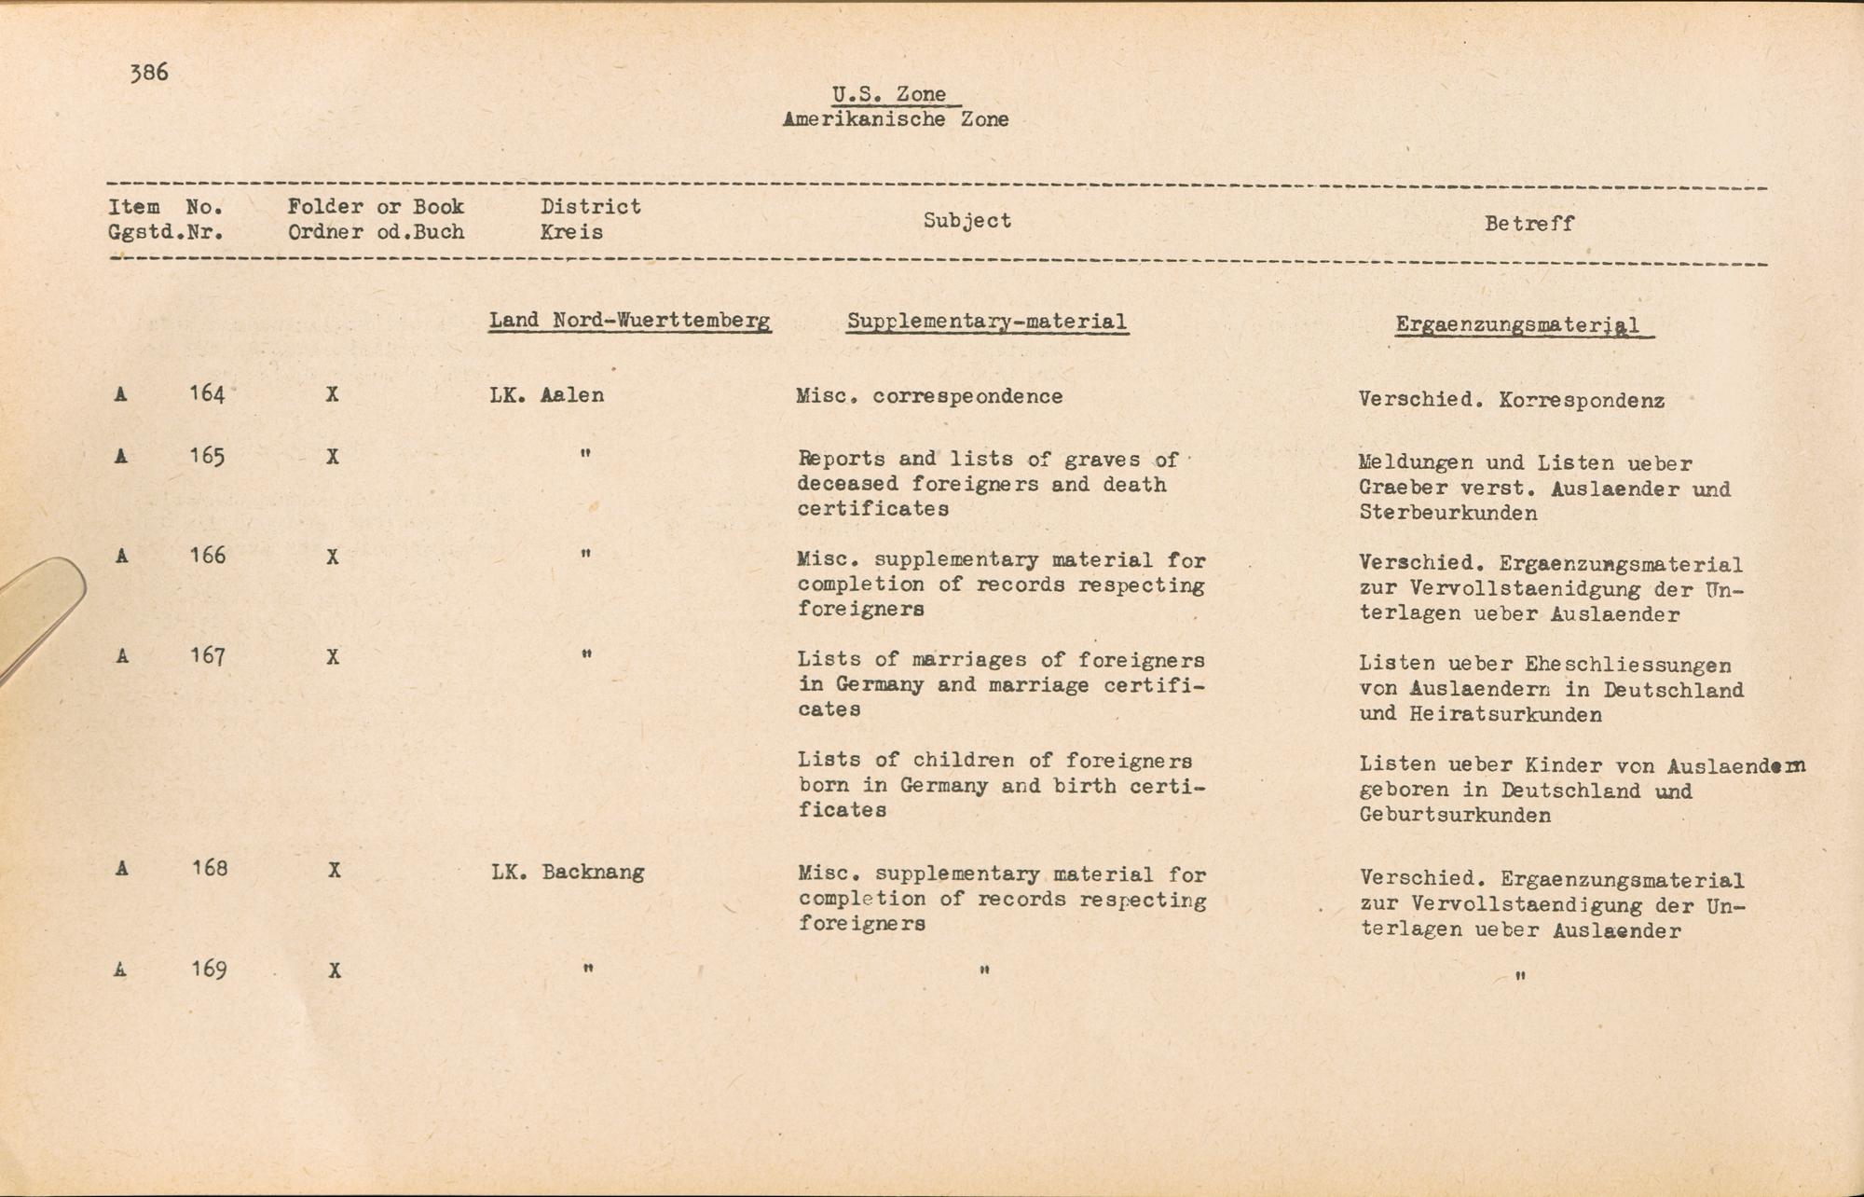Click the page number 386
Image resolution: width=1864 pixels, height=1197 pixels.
(x=149, y=73)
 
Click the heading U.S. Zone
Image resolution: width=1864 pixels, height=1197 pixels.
(x=889, y=94)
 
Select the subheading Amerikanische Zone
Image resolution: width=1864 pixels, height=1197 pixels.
(x=895, y=119)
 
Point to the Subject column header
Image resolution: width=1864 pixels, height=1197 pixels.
(x=966, y=221)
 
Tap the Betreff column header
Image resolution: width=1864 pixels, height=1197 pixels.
(x=1528, y=224)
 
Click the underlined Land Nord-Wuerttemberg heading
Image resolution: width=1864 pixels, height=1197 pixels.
(x=630, y=321)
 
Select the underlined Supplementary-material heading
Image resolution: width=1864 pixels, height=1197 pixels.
(x=987, y=322)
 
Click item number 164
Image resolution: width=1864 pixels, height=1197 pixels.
(x=207, y=394)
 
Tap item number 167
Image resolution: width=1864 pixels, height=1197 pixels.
(x=207, y=657)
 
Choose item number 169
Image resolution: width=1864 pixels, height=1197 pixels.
(x=208, y=970)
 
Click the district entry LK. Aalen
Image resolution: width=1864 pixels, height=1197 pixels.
(x=547, y=395)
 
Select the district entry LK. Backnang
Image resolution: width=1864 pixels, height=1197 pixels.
(x=568, y=873)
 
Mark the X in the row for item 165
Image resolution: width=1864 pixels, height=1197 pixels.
(x=332, y=458)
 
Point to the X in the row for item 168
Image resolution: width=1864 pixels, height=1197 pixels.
(x=334, y=871)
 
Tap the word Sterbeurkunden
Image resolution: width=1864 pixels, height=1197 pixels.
(x=1448, y=514)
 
